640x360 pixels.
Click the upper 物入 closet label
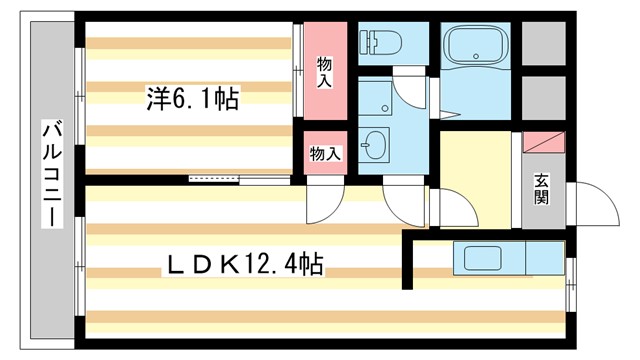tap(326, 71)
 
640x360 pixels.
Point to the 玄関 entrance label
tap(540, 189)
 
